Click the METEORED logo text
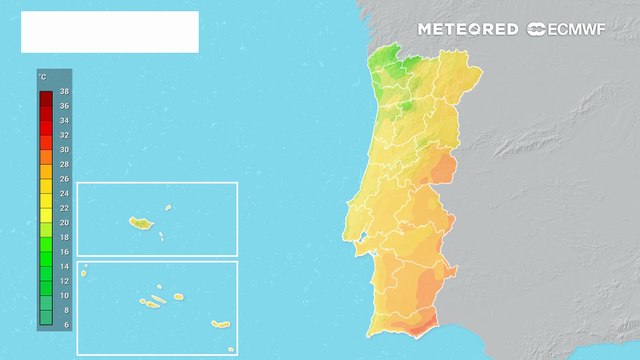[x=468, y=30]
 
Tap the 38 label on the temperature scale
[x=64, y=91]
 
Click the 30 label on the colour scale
[x=64, y=149]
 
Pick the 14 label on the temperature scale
[x=64, y=266]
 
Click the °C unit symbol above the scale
[x=42, y=76]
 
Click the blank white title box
[x=110, y=32]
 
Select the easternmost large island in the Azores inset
[x=220, y=323]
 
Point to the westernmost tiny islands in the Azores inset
[x=85, y=268]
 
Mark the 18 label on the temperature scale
[x=64, y=237]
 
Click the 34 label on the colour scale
[x=64, y=120]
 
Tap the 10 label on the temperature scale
[x=64, y=296]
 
